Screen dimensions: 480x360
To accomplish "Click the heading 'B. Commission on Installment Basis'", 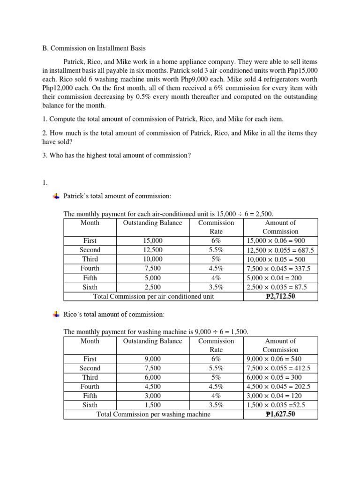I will coord(94,48).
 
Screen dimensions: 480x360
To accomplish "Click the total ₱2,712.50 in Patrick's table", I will coord(280,296).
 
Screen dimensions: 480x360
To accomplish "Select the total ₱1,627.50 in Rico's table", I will coord(280,414).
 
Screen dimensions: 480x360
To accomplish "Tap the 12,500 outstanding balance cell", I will coord(152,250).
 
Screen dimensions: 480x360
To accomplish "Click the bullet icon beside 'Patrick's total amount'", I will coord(56,195).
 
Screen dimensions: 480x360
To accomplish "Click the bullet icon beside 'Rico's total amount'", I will coord(56,314).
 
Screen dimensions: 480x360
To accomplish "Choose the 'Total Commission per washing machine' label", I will coord(153,414).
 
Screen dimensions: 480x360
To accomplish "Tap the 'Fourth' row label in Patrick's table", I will coord(90,269).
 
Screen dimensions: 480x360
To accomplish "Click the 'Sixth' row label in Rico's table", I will coord(90,405).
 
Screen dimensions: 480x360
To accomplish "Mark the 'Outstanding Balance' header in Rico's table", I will coord(152,341).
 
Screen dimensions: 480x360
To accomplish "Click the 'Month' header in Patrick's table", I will coord(90,223).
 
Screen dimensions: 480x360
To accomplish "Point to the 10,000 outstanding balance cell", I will coord(152,259).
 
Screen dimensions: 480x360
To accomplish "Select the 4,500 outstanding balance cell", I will coord(152,387).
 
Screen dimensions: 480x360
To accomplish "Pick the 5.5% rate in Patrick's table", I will coord(216,250).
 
